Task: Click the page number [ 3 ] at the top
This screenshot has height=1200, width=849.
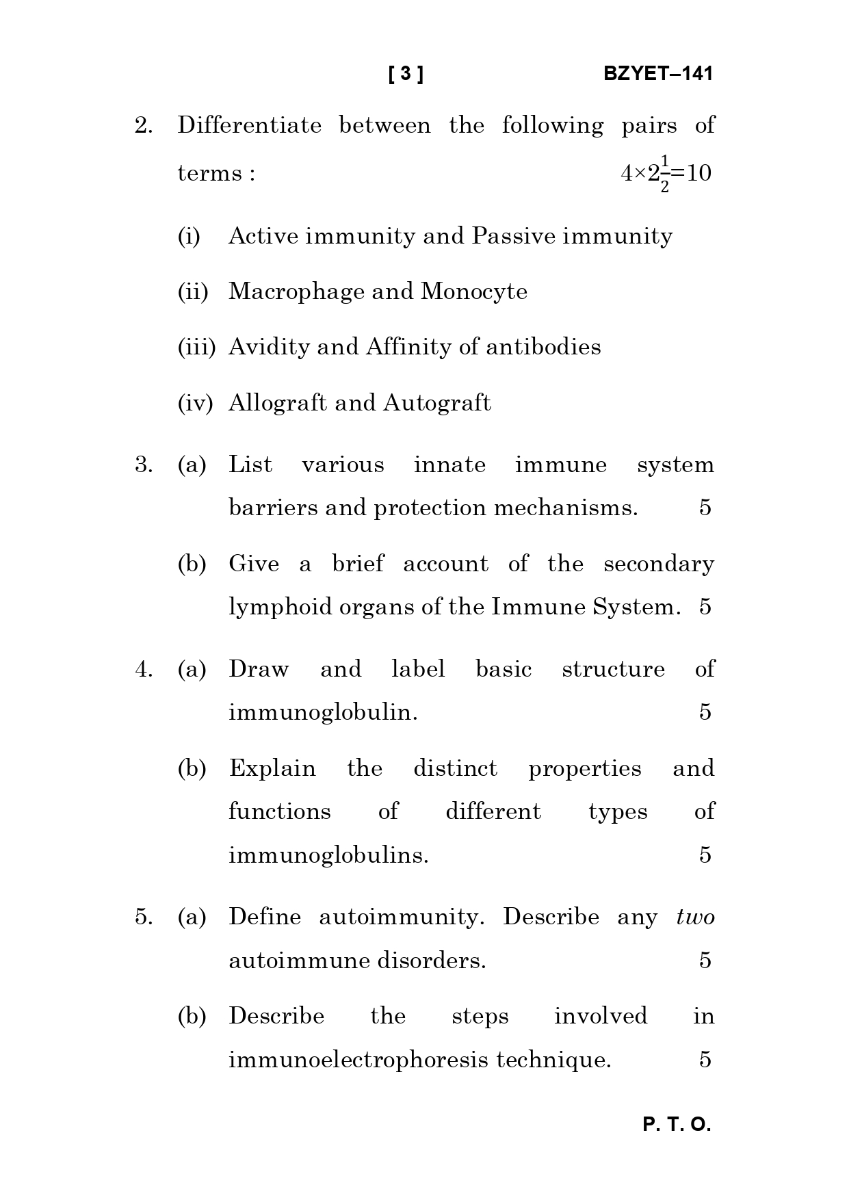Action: click(x=406, y=74)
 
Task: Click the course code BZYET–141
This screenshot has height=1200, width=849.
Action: click(x=657, y=74)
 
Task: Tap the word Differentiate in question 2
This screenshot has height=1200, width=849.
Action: click(x=249, y=126)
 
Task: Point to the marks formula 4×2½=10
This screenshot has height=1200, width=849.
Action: click(x=666, y=174)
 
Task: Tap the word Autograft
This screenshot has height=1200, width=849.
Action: click(x=436, y=403)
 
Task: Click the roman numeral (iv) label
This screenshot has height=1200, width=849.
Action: click(x=196, y=404)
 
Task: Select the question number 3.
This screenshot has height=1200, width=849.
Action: click(x=143, y=465)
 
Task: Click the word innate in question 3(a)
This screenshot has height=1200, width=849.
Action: click(x=449, y=465)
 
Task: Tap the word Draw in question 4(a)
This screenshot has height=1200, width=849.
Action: click(x=259, y=669)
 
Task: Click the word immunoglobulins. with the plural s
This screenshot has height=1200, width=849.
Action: click(x=328, y=856)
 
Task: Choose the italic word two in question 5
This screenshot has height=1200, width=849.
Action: click(x=695, y=917)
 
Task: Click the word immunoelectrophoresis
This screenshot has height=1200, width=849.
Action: click(x=358, y=1060)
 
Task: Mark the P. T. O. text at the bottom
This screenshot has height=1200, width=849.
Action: click(x=677, y=1125)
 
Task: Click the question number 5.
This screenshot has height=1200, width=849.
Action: click(x=143, y=917)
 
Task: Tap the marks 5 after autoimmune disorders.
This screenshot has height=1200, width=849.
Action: click(x=705, y=961)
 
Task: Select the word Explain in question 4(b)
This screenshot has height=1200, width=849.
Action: click(x=272, y=769)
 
